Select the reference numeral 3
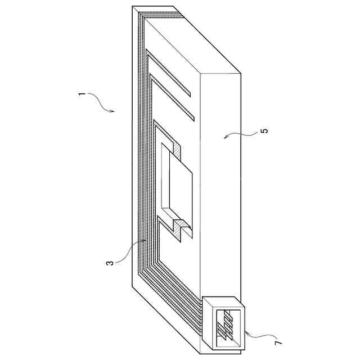coord(111,262)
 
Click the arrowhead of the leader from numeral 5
coord(224,138)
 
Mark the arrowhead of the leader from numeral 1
coord(114,112)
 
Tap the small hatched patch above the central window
coord(176,149)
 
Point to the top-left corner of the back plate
coord(133,7)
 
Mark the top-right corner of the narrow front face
coord(241,74)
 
